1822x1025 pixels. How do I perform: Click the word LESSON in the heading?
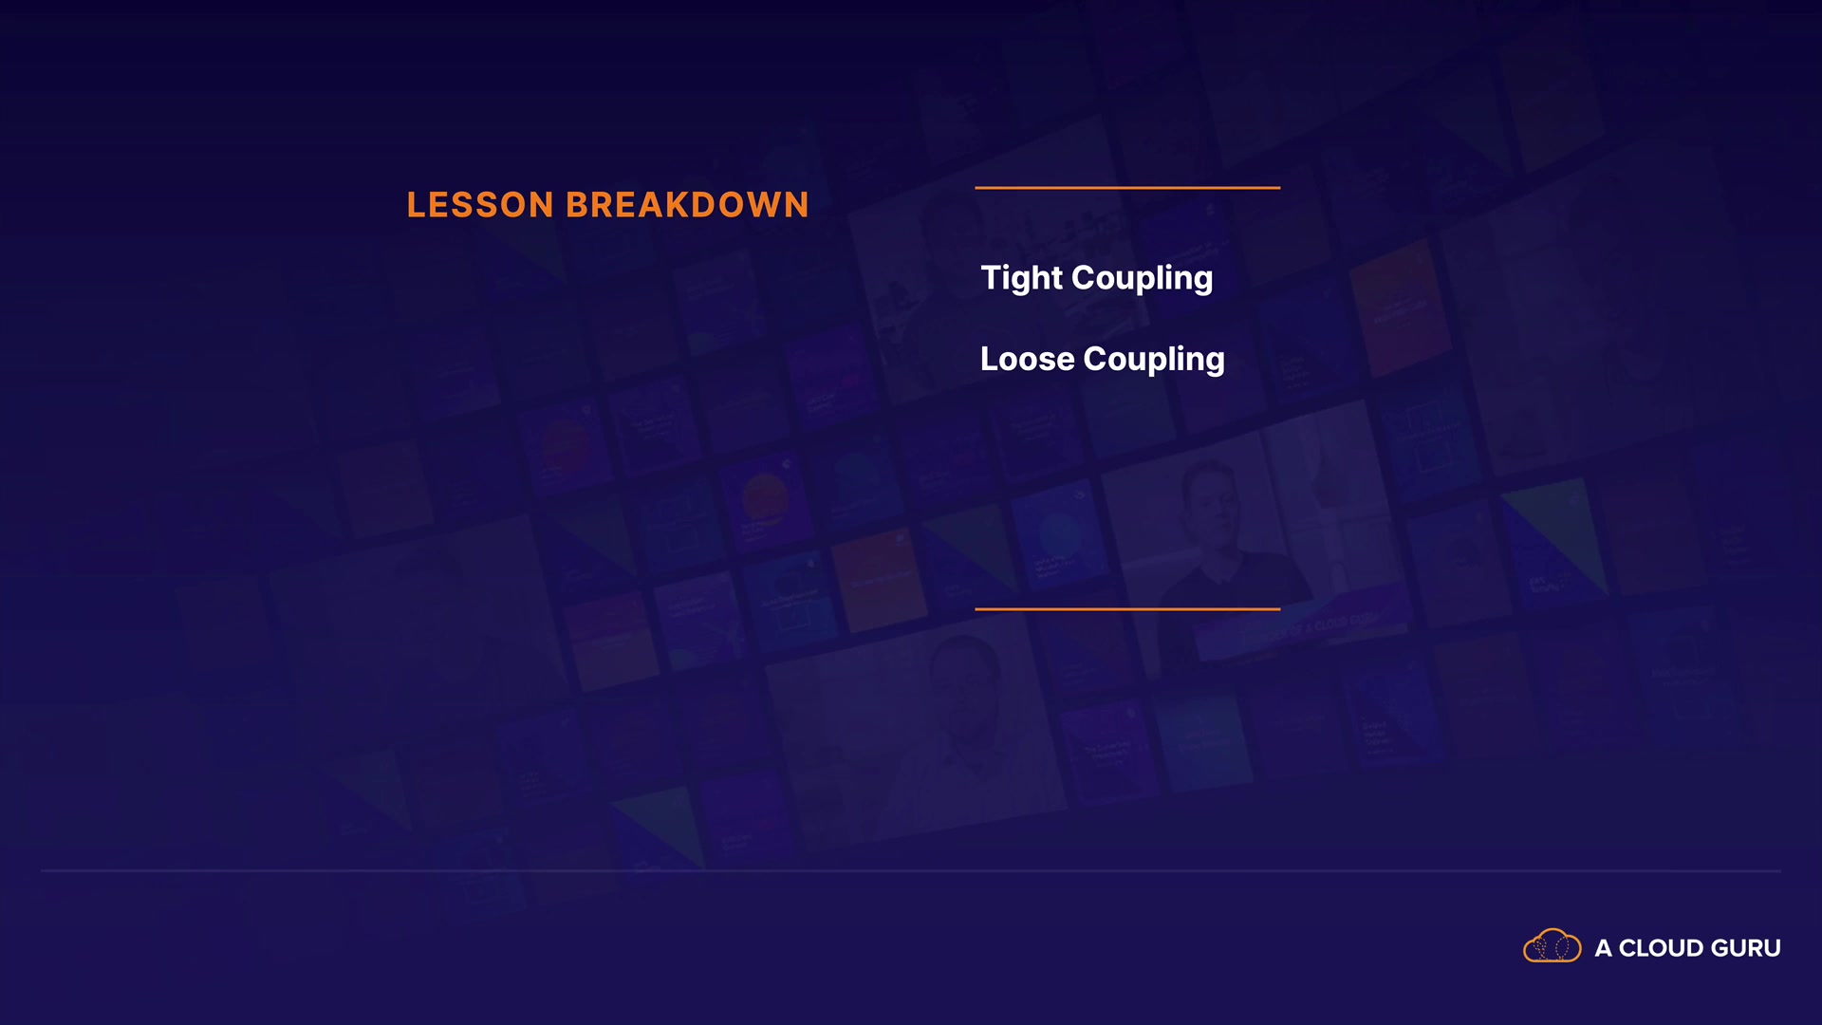coord(480,205)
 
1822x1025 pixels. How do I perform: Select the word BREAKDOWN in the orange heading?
coord(688,205)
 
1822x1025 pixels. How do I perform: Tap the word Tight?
coord(1022,278)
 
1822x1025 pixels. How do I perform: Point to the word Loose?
coord(1028,359)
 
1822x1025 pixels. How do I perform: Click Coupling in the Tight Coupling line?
coord(1143,279)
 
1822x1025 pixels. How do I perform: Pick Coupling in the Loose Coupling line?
coord(1154,360)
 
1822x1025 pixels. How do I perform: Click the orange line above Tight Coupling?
coord(1127,188)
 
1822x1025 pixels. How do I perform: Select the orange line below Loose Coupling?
coord(1127,609)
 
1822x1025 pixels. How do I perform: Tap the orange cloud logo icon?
coord(1552,946)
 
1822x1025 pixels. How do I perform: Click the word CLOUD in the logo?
coord(1661,948)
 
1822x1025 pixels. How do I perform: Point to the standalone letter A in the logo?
coord(1603,948)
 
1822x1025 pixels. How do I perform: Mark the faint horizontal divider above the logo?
coord(911,870)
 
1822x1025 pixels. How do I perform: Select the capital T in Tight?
coord(991,278)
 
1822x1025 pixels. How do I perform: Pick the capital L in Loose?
coord(990,359)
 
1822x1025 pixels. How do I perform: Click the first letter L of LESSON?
coord(417,205)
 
